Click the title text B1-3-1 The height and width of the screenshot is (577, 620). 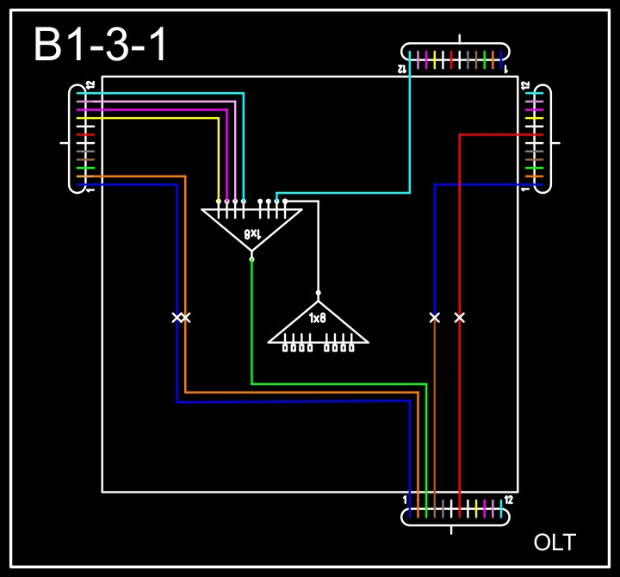(102, 44)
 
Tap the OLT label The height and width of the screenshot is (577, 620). (555, 543)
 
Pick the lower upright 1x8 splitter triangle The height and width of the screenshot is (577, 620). (318, 325)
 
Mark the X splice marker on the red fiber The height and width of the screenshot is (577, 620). (460, 318)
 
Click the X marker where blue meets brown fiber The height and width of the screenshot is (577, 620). (434, 318)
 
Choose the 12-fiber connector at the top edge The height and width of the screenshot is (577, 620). (456, 59)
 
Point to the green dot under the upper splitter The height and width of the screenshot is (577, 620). (251, 258)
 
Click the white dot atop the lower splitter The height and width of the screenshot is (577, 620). (318, 293)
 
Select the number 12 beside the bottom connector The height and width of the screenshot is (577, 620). (509, 499)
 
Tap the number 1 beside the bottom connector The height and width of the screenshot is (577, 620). (406, 499)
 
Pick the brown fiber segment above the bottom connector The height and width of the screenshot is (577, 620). (434, 413)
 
